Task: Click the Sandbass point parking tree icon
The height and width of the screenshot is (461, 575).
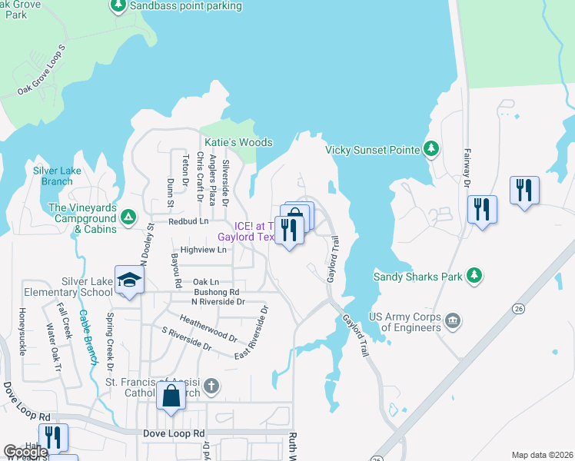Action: (118, 6)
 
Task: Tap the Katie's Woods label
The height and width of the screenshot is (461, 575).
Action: (238, 143)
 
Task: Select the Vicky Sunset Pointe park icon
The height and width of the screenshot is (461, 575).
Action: (432, 149)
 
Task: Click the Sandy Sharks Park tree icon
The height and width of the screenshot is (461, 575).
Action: (474, 275)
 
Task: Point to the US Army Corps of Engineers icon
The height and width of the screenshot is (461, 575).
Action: (453, 319)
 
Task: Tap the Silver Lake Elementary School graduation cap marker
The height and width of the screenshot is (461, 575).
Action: (130, 281)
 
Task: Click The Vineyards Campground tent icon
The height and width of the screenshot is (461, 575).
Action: (128, 218)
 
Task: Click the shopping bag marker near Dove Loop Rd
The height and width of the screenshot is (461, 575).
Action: (171, 396)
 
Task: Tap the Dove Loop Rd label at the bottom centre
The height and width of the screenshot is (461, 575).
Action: (174, 434)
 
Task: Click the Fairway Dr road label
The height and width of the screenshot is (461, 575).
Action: (467, 167)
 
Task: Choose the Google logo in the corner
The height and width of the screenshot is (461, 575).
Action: (25, 452)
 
